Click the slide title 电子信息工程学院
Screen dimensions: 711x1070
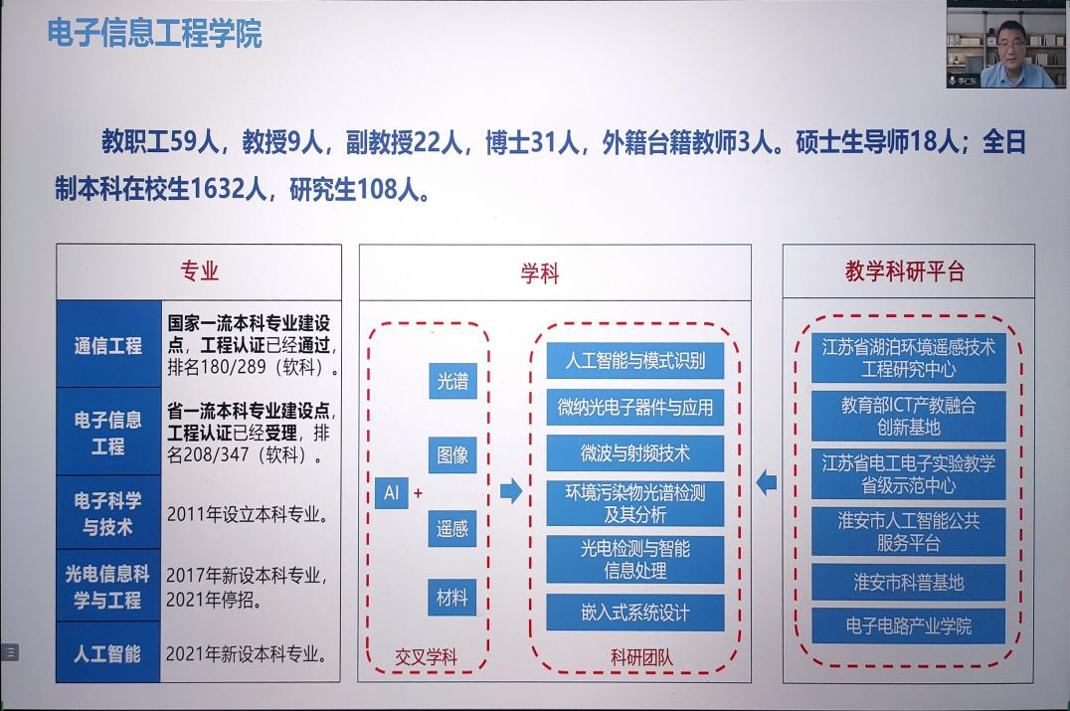coord(154,33)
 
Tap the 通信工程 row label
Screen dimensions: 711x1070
coord(107,345)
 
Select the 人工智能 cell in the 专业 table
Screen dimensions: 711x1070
coord(107,653)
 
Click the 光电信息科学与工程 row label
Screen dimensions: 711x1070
coord(107,587)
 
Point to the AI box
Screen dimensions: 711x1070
coord(391,491)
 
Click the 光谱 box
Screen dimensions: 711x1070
coord(452,381)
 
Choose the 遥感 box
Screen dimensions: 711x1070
coord(452,528)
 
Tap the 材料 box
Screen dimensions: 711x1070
coord(452,599)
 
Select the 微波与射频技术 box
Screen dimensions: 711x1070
coord(634,453)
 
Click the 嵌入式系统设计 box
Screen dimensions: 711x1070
coord(634,612)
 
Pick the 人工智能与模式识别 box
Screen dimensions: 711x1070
coord(634,360)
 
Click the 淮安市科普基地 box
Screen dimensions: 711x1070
coord(908,582)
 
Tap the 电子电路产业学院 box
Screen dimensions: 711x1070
coord(908,626)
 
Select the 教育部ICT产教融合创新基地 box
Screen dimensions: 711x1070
coord(908,416)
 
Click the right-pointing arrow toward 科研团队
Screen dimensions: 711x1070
coord(510,490)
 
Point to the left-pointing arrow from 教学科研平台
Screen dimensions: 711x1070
coord(766,483)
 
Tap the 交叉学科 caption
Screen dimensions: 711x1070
coord(426,657)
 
